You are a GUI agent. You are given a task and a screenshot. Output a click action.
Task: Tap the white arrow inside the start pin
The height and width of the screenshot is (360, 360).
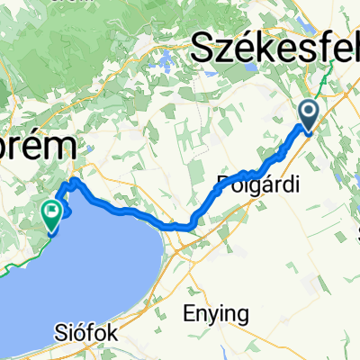click(308, 112)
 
